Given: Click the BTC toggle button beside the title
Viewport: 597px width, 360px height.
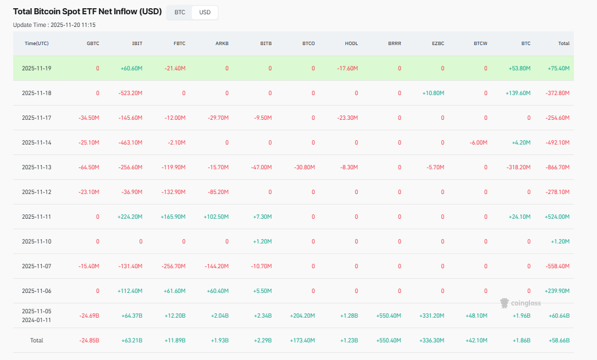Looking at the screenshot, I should [180, 12].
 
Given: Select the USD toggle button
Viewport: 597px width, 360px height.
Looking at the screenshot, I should [204, 12].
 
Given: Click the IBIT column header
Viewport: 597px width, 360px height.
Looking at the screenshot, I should [137, 43].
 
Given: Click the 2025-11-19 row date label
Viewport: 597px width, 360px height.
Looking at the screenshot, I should [36, 69].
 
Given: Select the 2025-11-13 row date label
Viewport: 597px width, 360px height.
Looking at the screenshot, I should [36, 167].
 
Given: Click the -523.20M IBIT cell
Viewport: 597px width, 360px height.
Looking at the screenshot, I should [130, 93].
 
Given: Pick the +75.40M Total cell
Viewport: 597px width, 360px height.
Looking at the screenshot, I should [559, 69].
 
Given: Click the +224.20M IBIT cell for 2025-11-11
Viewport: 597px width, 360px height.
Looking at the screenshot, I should [130, 217].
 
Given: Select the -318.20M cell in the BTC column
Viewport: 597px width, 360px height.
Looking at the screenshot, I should [518, 167].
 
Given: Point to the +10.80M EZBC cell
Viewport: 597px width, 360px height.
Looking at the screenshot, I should [433, 93].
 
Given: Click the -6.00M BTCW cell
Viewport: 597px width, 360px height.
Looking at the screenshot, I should [478, 142].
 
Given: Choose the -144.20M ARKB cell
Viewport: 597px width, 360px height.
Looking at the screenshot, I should [217, 266].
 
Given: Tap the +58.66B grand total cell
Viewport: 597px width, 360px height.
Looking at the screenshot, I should [559, 341].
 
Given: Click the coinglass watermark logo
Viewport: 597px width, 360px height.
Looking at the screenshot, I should [520, 303].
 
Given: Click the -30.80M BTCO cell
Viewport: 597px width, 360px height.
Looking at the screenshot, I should [303, 167].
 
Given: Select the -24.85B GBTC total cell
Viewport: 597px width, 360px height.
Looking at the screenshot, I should [88, 341].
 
